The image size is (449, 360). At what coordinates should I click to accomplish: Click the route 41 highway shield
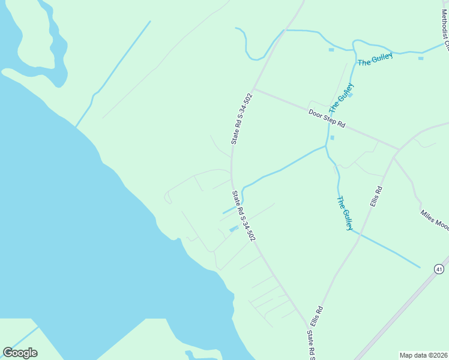440,268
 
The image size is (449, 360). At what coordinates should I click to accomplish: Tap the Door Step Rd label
327,118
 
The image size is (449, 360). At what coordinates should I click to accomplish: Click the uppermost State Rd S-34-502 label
241,119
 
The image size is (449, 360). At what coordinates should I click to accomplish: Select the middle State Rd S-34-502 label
244,217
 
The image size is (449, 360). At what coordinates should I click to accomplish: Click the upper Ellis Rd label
376,197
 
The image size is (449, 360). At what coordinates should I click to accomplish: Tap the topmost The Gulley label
375,59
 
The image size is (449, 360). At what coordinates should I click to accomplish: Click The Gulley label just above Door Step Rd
341,99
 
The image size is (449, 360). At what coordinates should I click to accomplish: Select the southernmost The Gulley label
345,213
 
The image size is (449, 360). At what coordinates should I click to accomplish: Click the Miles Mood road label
435,220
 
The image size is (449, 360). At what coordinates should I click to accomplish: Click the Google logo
20,353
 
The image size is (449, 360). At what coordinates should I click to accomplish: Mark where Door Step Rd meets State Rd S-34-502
254,90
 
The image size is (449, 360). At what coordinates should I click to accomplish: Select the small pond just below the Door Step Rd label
332,137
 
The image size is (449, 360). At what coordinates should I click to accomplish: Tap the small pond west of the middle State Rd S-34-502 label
234,229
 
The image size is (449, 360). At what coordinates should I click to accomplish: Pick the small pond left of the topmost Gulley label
331,50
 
